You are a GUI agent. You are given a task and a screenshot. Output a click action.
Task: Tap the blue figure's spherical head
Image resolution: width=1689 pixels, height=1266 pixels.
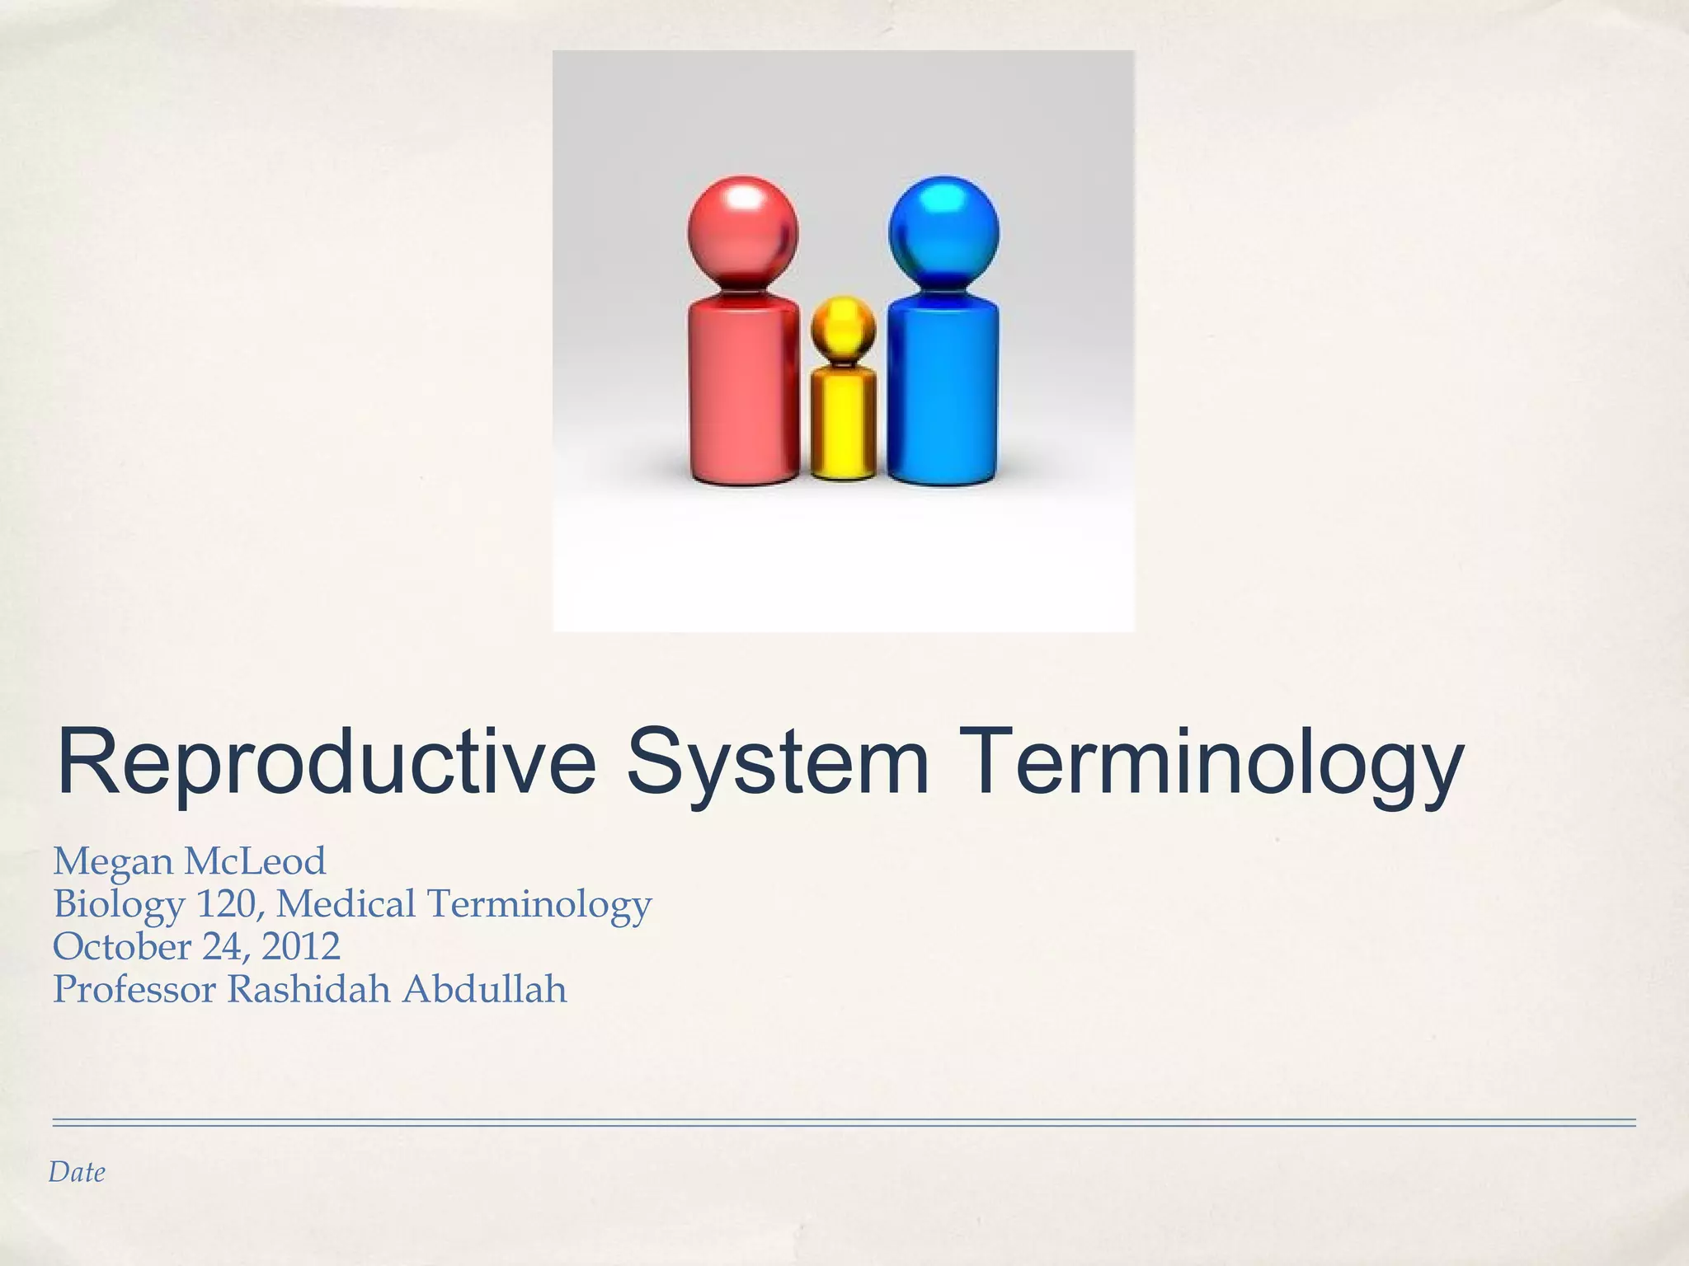tap(943, 231)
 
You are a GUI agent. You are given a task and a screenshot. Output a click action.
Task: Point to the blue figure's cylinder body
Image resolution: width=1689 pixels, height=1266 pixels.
tap(943, 394)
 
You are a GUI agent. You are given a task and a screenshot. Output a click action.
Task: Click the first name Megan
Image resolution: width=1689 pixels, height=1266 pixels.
tap(112, 862)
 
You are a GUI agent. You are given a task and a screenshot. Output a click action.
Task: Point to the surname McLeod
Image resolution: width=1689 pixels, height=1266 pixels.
tap(255, 861)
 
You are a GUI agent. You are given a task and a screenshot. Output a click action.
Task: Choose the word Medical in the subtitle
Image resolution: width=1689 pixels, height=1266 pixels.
tap(346, 904)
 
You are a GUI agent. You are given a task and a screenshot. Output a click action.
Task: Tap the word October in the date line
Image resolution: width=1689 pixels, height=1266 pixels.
tap(121, 946)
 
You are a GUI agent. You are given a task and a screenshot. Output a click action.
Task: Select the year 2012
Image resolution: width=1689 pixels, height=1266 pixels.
tap(300, 946)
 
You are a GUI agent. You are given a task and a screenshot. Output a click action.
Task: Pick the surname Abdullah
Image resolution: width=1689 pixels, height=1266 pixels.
tap(485, 989)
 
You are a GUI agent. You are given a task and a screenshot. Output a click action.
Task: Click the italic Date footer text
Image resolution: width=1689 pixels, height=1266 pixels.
tap(77, 1172)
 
